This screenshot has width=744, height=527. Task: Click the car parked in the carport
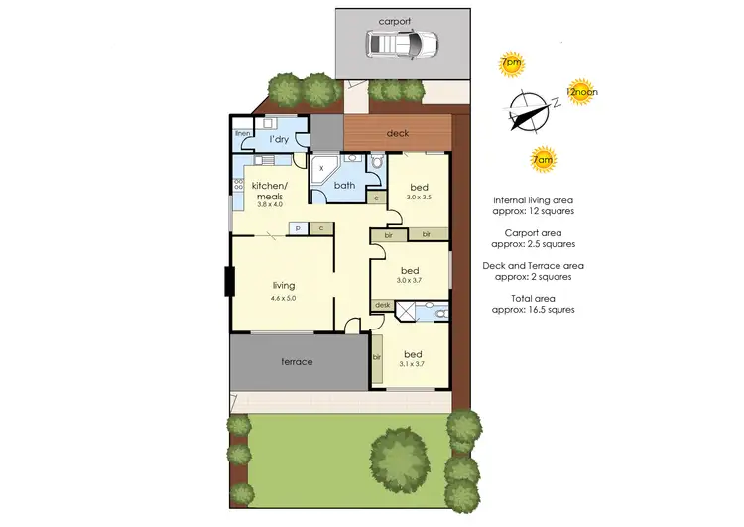tap(402, 44)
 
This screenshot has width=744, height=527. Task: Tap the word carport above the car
tap(394, 20)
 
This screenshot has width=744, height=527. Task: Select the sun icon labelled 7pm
tap(511, 64)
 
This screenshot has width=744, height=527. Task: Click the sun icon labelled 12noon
tap(580, 93)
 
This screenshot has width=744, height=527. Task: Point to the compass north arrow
tap(527, 111)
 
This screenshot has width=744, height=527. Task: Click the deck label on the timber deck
tap(398, 133)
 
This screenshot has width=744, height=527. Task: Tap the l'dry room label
tap(279, 139)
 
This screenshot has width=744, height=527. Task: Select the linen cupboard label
tap(242, 133)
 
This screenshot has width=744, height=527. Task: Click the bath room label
tap(344, 185)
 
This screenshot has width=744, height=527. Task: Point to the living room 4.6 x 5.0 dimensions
tap(284, 298)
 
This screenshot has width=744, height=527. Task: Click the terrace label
tap(297, 362)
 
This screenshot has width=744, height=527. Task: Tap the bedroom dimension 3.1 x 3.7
tap(412, 364)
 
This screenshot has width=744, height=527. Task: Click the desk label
tap(382, 305)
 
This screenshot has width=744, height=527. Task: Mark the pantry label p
tap(296, 228)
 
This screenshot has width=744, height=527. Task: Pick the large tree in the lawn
tap(401, 459)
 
